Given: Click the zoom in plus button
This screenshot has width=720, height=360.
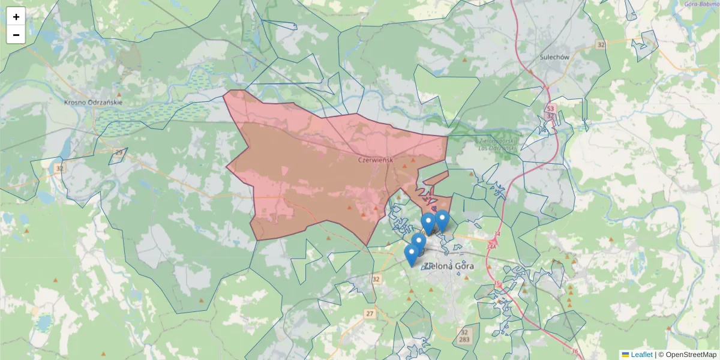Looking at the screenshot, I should tap(16, 17).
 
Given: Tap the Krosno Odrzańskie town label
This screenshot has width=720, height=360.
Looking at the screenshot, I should tap(93, 103).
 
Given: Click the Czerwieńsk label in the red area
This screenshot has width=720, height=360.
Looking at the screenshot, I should tap(375, 160).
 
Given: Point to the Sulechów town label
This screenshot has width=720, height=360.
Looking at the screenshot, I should tap(554, 57).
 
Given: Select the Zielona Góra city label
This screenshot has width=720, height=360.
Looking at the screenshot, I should tap(448, 266).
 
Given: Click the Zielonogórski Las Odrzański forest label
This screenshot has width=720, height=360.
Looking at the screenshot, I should tap(498, 144).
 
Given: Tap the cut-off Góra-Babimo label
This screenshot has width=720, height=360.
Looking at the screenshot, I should tap(701, 4).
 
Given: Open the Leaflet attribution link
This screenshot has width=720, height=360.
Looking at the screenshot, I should tap(641, 355).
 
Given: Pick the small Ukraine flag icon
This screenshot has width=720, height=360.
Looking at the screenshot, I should tap(625, 355).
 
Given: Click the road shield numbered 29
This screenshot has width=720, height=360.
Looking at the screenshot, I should tap(118, 152).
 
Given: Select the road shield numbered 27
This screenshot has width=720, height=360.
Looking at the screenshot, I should tap(370, 314).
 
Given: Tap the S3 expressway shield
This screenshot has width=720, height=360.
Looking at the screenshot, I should tap(550, 109).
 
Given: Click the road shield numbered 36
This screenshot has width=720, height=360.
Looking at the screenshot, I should tap(575, 352).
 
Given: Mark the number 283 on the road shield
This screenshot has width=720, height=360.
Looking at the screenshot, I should tap(464, 340).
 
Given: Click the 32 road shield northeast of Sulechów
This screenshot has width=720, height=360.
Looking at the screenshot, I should tap(601, 45).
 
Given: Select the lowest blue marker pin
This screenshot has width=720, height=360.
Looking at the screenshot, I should tap(412, 255).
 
